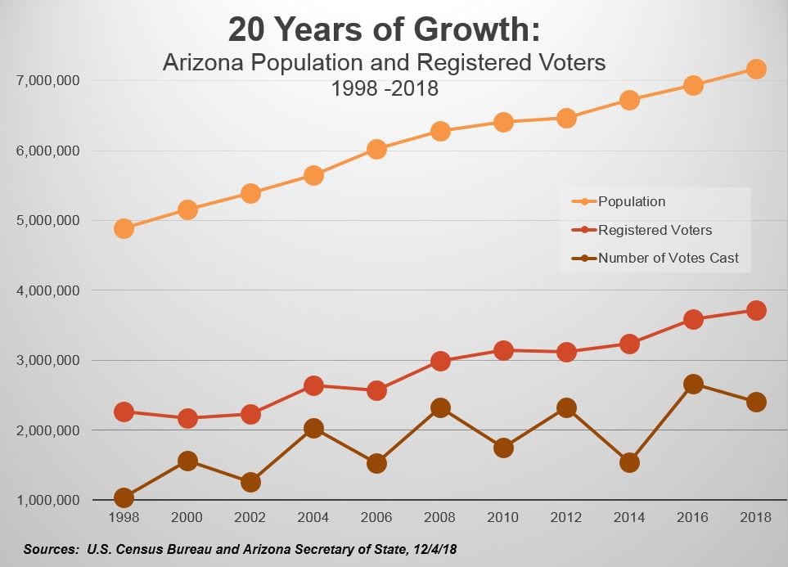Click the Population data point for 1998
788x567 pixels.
coord(124,228)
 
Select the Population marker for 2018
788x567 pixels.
coord(756,69)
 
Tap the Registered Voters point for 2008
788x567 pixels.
coord(440,362)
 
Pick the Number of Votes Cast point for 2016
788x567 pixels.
coord(693,385)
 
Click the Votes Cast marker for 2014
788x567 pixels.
coord(629,462)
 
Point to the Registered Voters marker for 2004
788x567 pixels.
coord(314,385)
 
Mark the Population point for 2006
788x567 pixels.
coord(376,149)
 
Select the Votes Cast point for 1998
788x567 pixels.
coord(124,497)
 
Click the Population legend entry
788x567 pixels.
coord(631,201)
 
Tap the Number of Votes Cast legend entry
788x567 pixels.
coord(668,259)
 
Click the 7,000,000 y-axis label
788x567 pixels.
coord(47,81)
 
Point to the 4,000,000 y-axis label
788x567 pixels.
coord(47,290)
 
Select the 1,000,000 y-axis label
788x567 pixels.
coord(47,500)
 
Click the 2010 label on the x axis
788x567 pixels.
coord(503,517)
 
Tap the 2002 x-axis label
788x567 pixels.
coord(250,517)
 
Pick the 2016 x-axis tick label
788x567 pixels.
coord(693,517)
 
